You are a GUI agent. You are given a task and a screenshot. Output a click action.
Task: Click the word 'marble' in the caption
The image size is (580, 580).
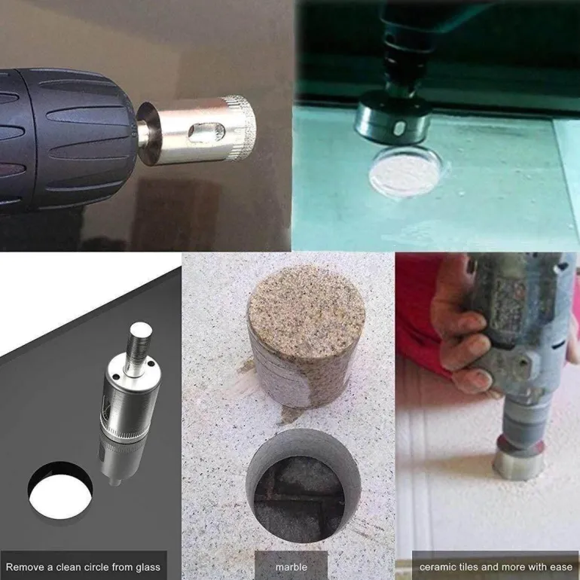click(291, 566)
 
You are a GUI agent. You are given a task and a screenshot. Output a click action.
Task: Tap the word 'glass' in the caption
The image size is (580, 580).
click(147, 567)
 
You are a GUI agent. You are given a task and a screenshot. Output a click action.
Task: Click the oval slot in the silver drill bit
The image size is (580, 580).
click(206, 133)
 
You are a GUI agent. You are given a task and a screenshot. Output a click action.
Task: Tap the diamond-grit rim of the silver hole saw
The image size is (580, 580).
click(241, 128)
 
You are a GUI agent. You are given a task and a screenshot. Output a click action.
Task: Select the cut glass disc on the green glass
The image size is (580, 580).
click(406, 172)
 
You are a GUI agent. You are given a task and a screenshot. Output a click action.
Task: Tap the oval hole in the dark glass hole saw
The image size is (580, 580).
click(399, 128)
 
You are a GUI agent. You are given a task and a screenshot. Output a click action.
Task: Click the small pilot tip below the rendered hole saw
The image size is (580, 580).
click(115, 482)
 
